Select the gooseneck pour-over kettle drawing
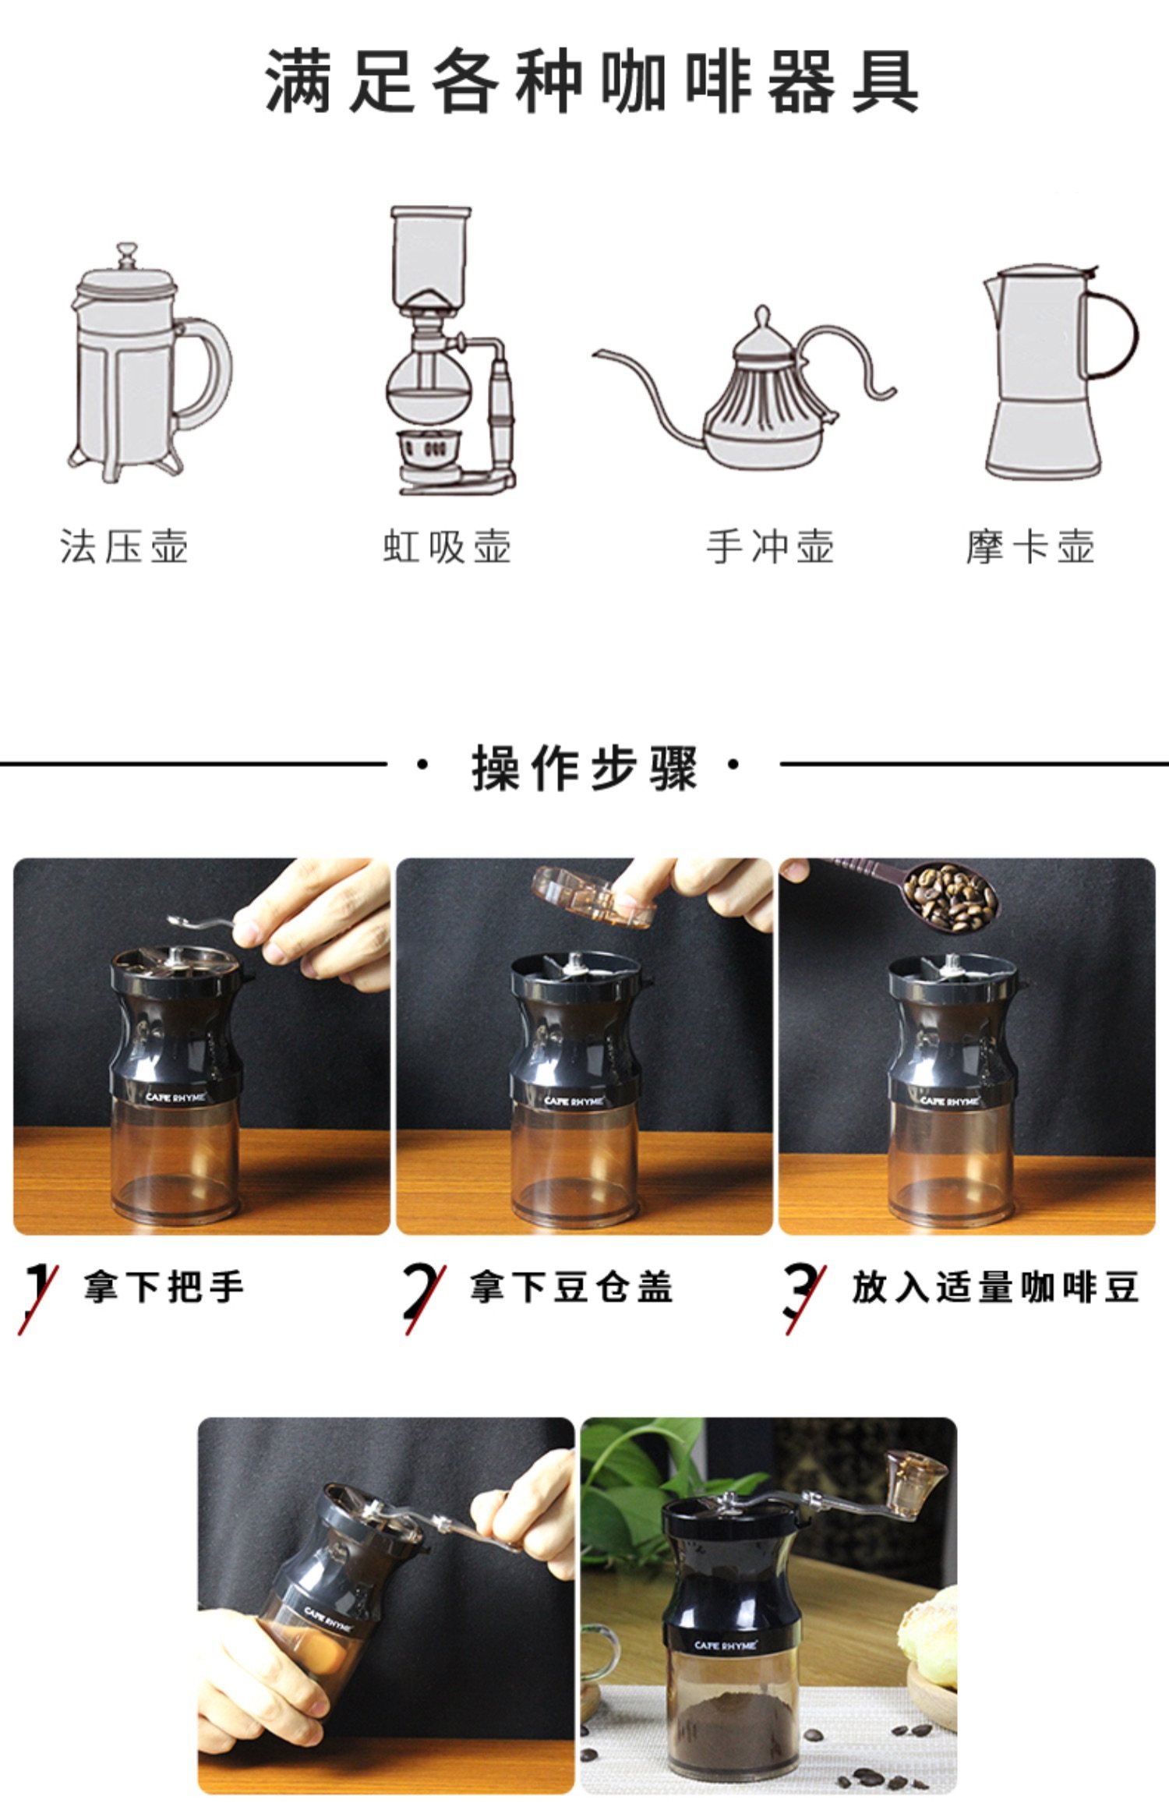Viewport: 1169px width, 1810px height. coord(744,390)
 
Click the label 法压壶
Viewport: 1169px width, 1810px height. coord(124,546)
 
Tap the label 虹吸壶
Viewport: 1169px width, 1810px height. coord(447,546)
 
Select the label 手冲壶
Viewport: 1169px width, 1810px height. coord(770,546)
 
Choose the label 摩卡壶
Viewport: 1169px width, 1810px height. coord(1030,546)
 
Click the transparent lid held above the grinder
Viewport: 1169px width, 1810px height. coord(592,896)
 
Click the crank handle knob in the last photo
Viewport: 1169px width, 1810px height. coord(916,1481)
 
